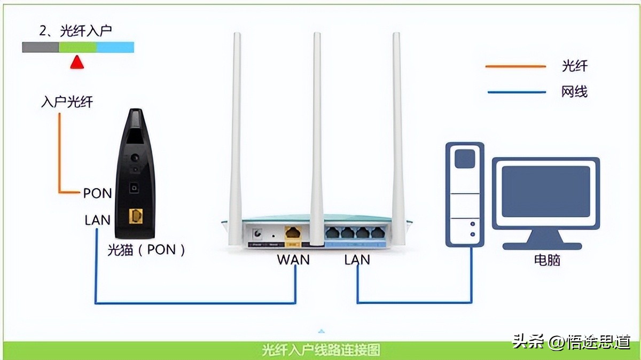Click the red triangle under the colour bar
pyautogui.click(x=77, y=62)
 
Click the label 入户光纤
pyautogui.click(x=67, y=102)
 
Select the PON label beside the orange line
pyautogui.click(x=97, y=193)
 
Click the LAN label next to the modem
pyautogui.click(x=97, y=220)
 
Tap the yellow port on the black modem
pyautogui.click(x=136, y=216)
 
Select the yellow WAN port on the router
pyautogui.click(x=293, y=233)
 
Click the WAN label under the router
pyautogui.click(x=293, y=260)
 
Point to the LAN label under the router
pyautogui.click(x=357, y=260)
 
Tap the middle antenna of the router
pyautogui.click(x=317, y=134)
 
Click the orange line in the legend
pyautogui.click(x=515, y=67)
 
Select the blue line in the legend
pyautogui.click(x=515, y=92)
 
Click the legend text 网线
pyautogui.click(x=574, y=92)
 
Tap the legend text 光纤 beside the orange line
pyautogui.click(x=574, y=66)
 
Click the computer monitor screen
pyautogui.click(x=545, y=191)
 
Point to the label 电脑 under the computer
pyautogui.click(x=547, y=260)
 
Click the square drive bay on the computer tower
pyautogui.click(x=465, y=159)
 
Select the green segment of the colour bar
pyautogui.click(x=77, y=48)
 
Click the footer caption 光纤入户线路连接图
pyautogui.click(x=320, y=350)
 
